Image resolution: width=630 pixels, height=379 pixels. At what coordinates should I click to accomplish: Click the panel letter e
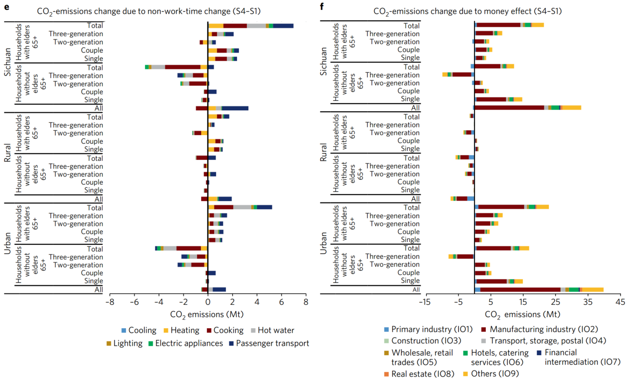coord(6,6)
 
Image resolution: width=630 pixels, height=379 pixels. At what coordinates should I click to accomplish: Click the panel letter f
coord(322,6)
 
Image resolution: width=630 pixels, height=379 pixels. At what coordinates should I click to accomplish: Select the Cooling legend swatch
coord(124,330)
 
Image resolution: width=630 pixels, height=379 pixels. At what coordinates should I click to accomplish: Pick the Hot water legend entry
coord(254,330)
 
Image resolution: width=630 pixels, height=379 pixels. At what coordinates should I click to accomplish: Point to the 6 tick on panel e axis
coord(281,302)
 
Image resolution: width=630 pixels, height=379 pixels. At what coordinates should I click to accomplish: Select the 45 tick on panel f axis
coord(620,302)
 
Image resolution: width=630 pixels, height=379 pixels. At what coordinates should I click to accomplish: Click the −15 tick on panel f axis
coord(424,302)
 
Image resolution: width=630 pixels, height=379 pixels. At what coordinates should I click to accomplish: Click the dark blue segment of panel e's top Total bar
coord(283,26)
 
